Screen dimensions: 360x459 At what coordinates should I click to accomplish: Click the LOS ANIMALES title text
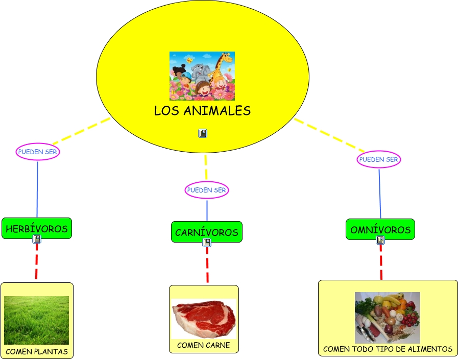pyautogui.click(x=202, y=111)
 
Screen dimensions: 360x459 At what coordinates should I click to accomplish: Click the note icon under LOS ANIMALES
pyautogui.click(x=203, y=133)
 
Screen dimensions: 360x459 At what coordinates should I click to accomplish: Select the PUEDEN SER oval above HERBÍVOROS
pyautogui.click(x=37, y=152)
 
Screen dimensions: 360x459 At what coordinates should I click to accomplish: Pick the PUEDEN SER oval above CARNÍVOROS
pyautogui.click(x=206, y=190)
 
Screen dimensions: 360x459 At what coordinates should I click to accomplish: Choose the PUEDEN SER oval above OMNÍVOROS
pyautogui.click(x=378, y=159)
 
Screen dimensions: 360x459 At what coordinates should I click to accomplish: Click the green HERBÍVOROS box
pyautogui.click(x=37, y=229)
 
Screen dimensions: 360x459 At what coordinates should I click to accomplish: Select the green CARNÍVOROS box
pyautogui.click(x=206, y=232)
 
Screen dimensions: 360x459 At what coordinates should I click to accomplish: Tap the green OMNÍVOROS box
pyautogui.click(x=380, y=230)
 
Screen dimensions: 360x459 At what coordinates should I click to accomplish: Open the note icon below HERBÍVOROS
pyautogui.click(x=37, y=239)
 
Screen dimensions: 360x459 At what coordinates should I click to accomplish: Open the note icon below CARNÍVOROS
pyautogui.click(x=206, y=243)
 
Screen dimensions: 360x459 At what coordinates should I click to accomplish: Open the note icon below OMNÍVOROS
pyautogui.click(x=380, y=239)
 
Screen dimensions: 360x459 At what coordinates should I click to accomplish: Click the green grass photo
pyautogui.click(x=36, y=320)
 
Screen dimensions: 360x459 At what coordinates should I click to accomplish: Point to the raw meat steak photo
pyautogui.click(x=204, y=319)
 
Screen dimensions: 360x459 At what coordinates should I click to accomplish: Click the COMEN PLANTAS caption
pyautogui.click(x=37, y=351)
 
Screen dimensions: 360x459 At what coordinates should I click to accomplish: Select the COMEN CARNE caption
pyautogui.click(x=204, y=345)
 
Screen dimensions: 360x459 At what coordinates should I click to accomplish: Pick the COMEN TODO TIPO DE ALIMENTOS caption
pyautogui.click(x=388, y=349)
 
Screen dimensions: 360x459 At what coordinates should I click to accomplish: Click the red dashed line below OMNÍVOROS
pyautogui.click(x=381, y=262)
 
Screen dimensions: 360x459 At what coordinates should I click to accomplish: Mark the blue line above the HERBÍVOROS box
pyautogui.click(x=37, y=189)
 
